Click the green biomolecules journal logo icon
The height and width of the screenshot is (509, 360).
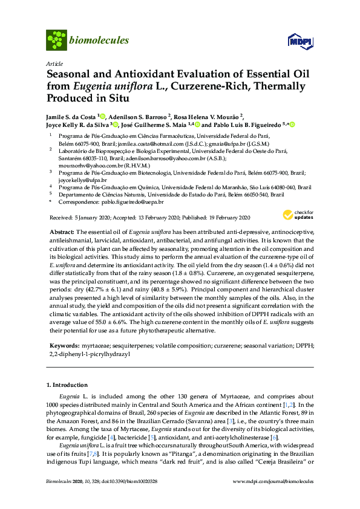point(56,41)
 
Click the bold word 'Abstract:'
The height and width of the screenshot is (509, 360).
point(63,233)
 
